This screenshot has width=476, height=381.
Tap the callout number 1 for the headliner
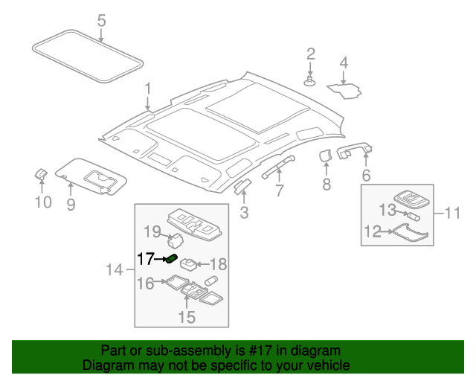click(x=147, y=89)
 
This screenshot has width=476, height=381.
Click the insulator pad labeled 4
click(x=345, y=90)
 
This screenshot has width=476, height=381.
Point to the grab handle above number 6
click(x=355, y=153)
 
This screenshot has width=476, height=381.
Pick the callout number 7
click(x=279, y=190)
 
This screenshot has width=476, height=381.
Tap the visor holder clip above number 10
click(x=42, y=175)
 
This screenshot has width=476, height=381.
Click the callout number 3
click(x=243, y=214)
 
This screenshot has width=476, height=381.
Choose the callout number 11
click(x=454, y=214)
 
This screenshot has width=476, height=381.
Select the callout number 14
click(x=113, y=269)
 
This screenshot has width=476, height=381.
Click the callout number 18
click(x=219, y=264)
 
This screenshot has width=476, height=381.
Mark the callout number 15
click(x=186, y=318)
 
